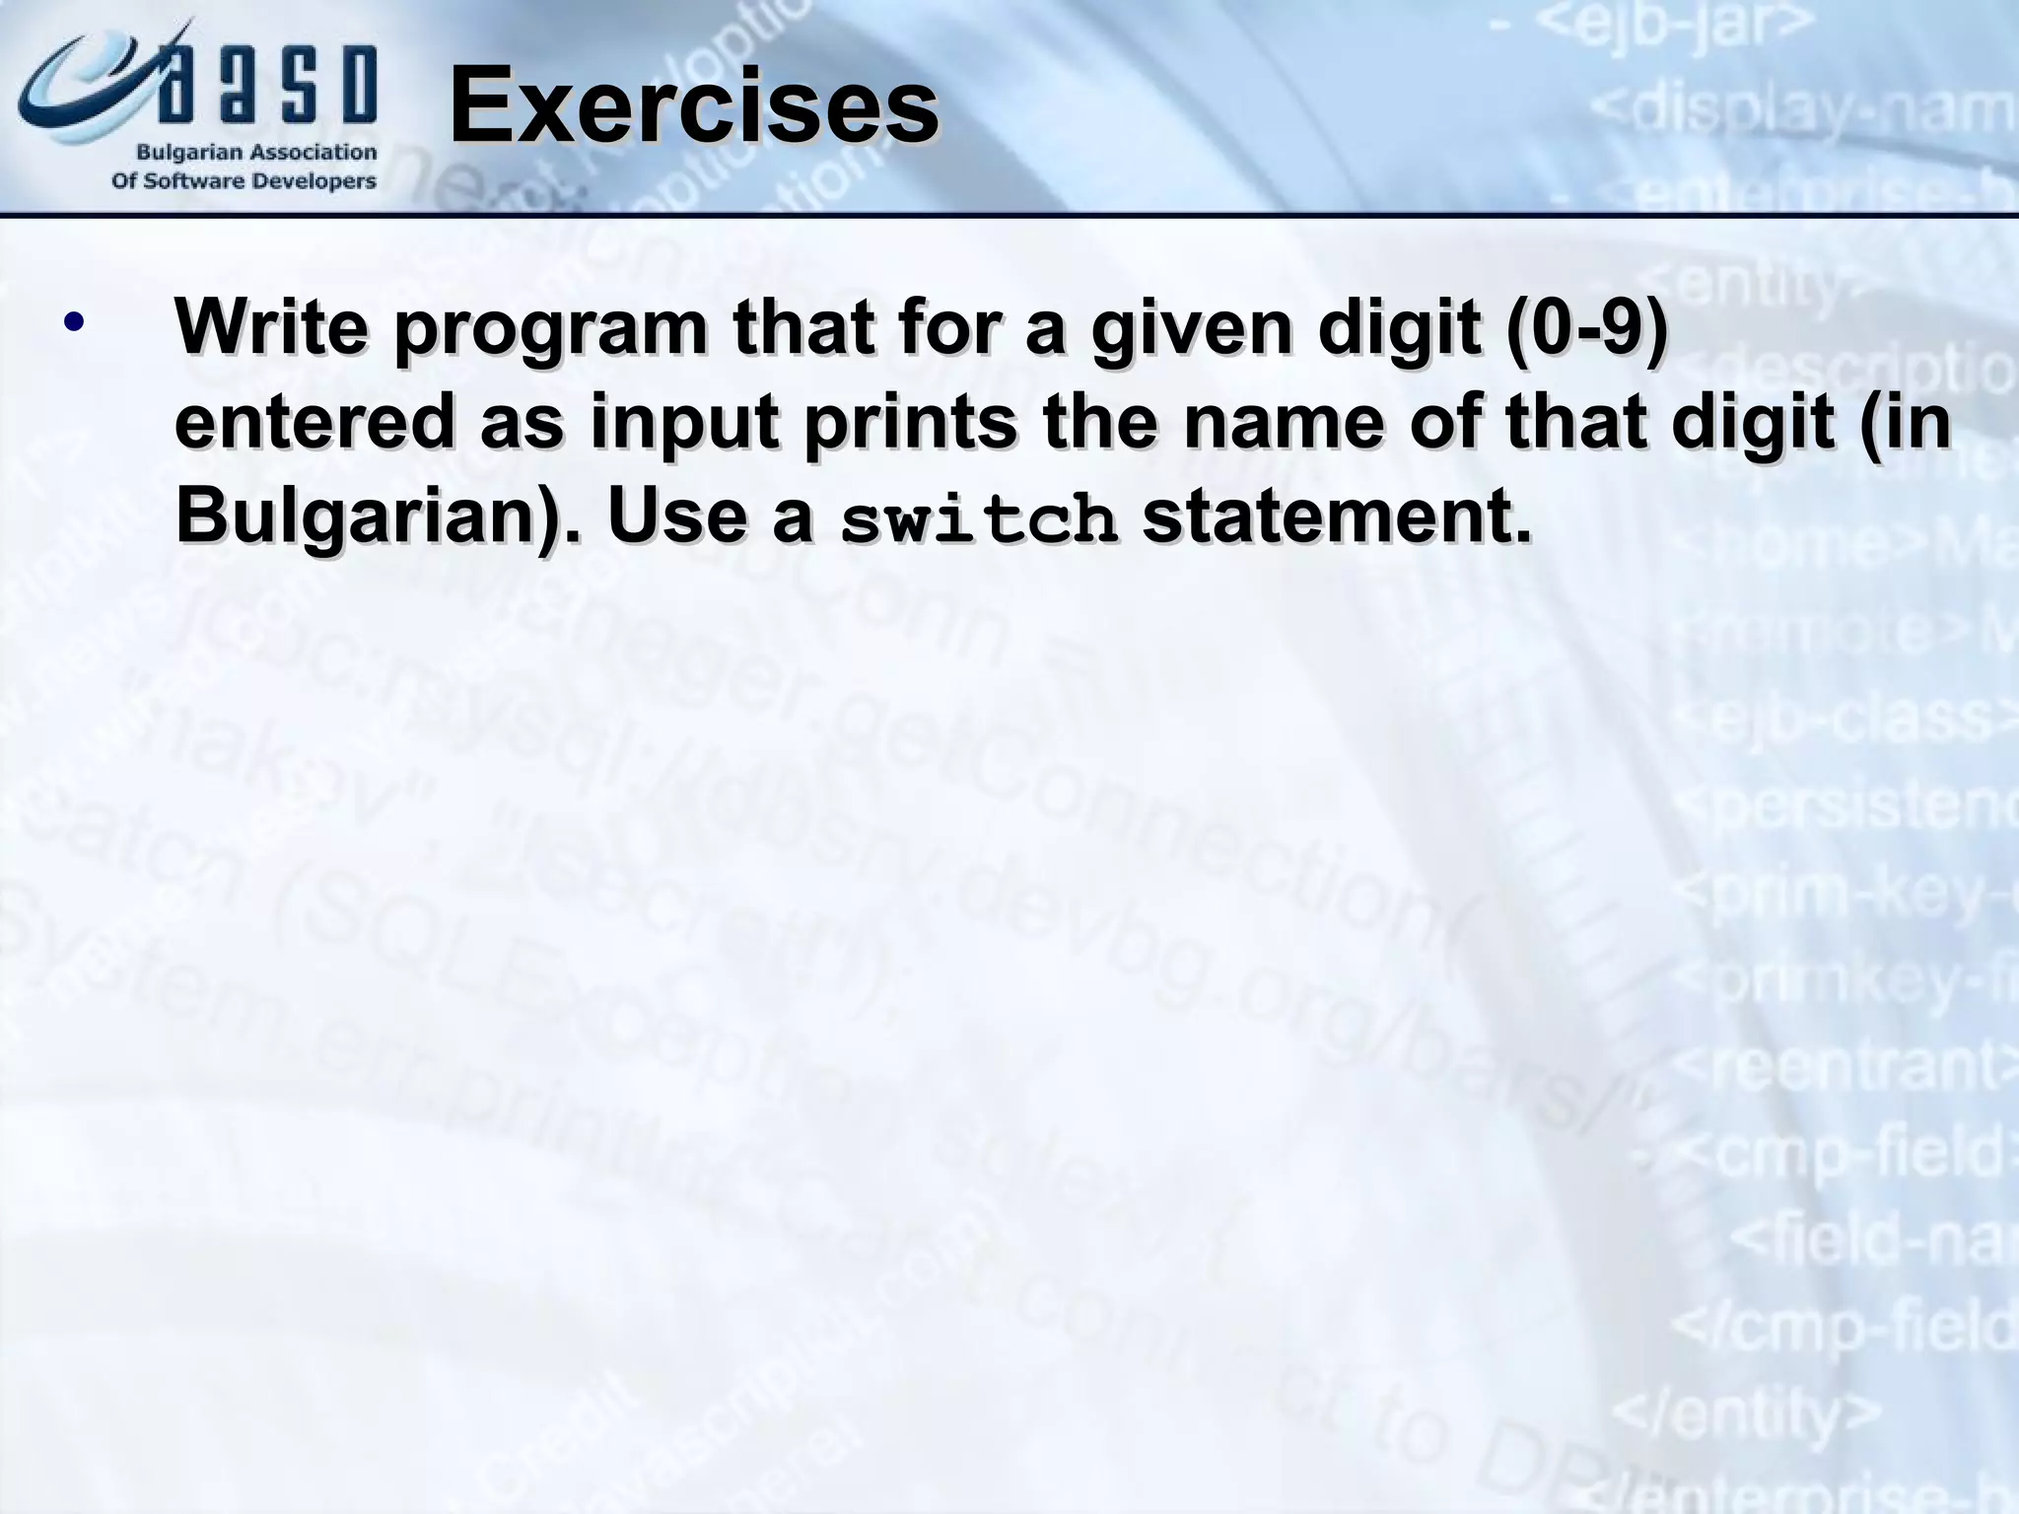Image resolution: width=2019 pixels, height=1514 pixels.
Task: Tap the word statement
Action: pos(1337,516)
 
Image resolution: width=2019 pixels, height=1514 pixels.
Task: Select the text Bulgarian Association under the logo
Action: pos(256,153)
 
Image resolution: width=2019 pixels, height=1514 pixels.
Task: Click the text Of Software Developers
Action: pos(244,182)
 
